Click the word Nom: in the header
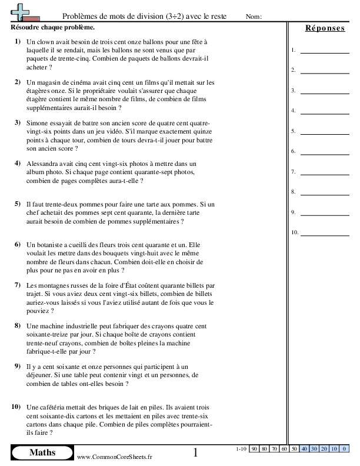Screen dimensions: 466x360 tap(254, 16)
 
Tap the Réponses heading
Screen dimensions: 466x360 tap(325, 28)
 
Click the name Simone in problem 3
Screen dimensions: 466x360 tap(39, 122)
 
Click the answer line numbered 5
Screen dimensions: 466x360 tap(324, 131)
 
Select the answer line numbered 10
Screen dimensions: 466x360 tap(324, 232)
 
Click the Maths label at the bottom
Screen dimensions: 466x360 tap(42, 452)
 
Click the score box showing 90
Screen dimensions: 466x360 tap(254, 449)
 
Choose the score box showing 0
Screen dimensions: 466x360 tap(344, 449)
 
